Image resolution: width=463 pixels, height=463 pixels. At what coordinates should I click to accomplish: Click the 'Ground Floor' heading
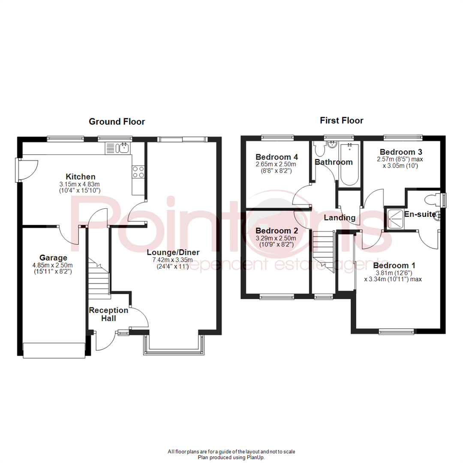click(x=117, y=122)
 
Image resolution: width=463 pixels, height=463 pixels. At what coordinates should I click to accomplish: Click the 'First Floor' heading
click(x=342, y=120)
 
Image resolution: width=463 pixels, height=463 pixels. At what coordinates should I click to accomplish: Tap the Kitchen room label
click(x=80, y=177)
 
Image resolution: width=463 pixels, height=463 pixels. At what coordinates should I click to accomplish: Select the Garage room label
click(x=53, y=258)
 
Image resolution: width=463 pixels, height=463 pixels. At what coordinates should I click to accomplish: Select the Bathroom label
click(x=334, y=162)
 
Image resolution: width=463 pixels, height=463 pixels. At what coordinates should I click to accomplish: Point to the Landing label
click(x=340, y=218)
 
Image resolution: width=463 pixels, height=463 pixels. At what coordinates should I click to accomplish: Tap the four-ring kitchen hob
click(x=138, y=172)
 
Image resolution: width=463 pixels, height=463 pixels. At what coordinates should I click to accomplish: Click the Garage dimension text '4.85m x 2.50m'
click(x=53, y=265)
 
